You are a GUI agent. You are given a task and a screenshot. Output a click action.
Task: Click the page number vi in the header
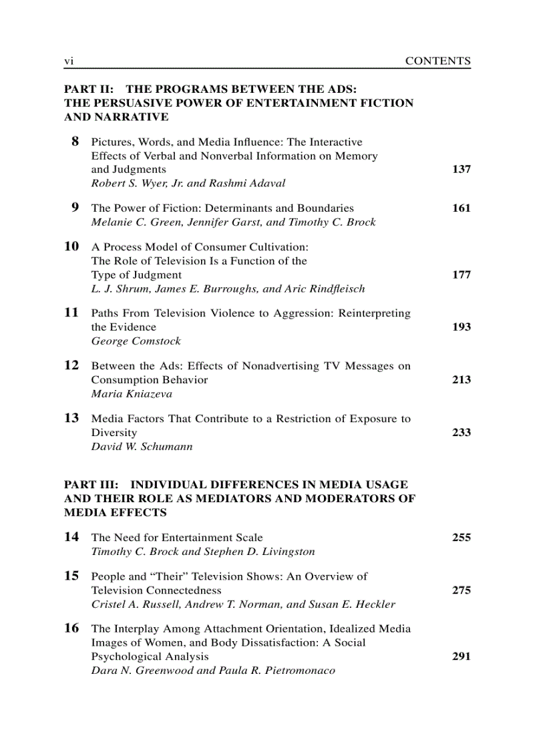(x=68, y=61)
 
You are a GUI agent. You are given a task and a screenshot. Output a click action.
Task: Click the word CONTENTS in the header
(x=437, y=61)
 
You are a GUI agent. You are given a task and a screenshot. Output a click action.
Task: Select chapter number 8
(x=75, y=142)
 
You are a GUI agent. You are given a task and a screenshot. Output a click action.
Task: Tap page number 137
(x=461, y=170)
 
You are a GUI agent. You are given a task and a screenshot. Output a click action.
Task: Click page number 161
(x=461, y=208)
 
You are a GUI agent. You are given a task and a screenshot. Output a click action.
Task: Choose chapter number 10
(x=71, y=246)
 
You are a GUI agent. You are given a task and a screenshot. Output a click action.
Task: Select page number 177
(x=461, y=275)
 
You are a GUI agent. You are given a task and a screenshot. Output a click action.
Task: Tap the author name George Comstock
(x=136, y=341)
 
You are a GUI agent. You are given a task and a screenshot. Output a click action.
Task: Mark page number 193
(x=461, y=327)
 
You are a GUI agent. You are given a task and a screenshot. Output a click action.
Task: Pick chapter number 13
(x=71, y=418)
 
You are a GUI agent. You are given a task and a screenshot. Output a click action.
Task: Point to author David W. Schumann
(x=142, y=447)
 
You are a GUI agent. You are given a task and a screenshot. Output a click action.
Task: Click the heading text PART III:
(x=92, y=485)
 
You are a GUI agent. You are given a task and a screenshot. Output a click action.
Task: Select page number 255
(x=461, y=538)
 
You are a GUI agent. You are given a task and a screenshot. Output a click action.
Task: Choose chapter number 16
(x=71, y=628)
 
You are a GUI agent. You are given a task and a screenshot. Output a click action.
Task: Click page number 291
(x=461, y=657)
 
